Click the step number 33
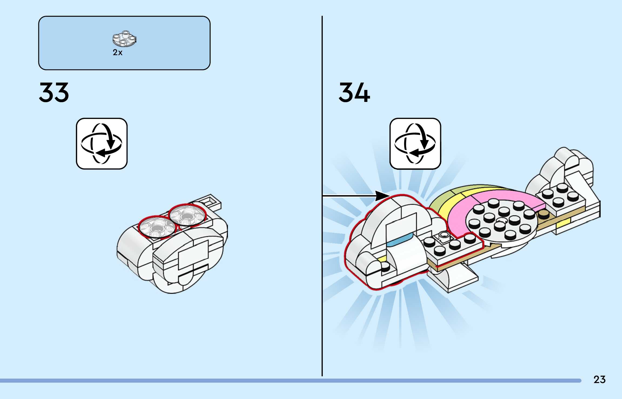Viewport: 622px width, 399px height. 54,92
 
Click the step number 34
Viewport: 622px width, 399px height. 354,92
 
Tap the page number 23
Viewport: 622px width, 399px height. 599,380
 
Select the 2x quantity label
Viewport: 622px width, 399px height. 117,52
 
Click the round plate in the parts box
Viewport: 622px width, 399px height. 124,39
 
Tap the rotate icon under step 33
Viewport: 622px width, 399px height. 102,144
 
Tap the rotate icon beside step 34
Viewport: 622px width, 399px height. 415,144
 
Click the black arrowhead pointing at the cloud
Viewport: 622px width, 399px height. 382,196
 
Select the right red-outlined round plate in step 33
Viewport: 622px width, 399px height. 187,215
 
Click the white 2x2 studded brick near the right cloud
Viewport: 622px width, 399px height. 559,199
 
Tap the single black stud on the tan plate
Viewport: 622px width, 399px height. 543,214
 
